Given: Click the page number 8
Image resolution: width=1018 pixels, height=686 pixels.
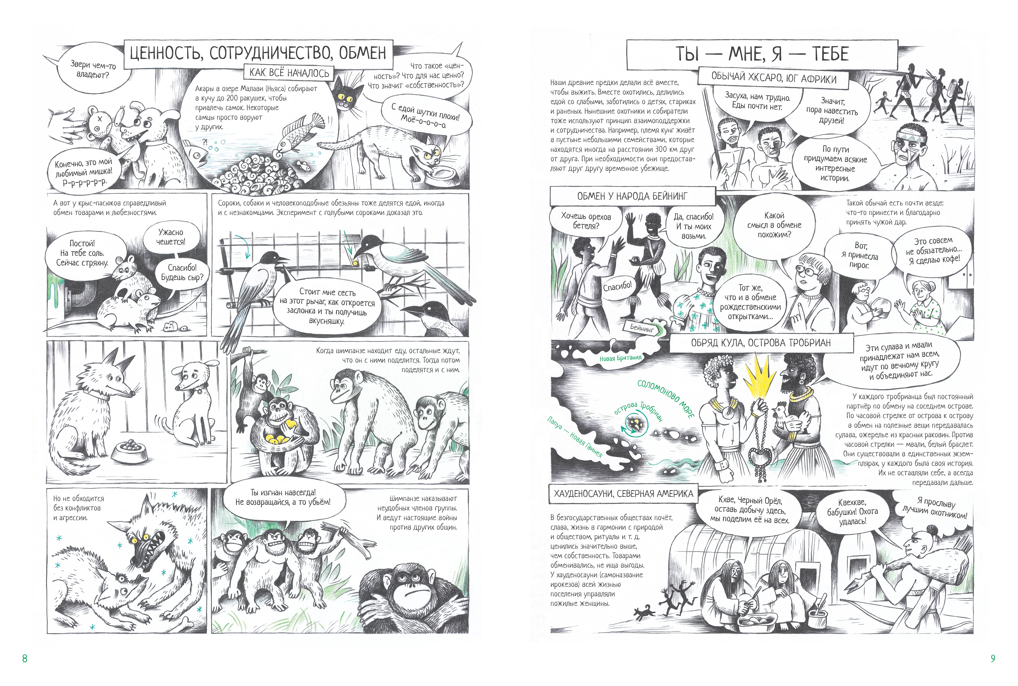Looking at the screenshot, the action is [x=24, y=658].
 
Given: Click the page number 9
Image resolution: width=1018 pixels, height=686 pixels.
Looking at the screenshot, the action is [x=993, y=658].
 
